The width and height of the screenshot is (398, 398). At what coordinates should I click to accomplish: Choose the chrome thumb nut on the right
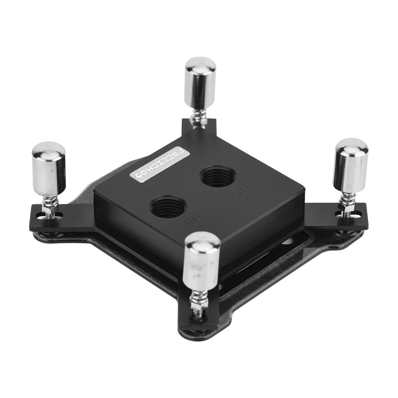pos(350,164)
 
